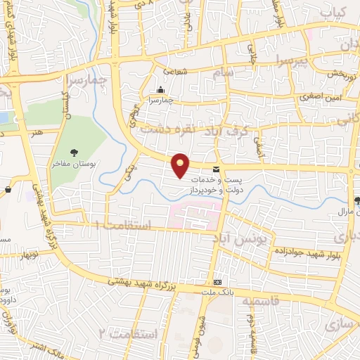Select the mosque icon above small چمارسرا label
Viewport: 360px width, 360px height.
pos(161,89)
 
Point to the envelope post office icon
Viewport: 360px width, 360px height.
pos(215,169)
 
